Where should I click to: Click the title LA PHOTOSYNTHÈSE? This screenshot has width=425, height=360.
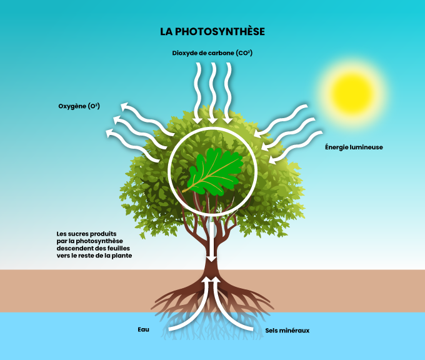pyautogui.click(x=212, y=31)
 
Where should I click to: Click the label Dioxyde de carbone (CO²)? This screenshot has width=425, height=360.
pyautogui.click(x=212, y=53)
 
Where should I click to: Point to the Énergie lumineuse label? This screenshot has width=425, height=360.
pyautogui.click(x=354, y=147)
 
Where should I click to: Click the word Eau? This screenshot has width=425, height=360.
pyautogui.click(x=143, y=329)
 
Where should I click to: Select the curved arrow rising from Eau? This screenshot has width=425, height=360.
pyautogui.click(x=187, y=306)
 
